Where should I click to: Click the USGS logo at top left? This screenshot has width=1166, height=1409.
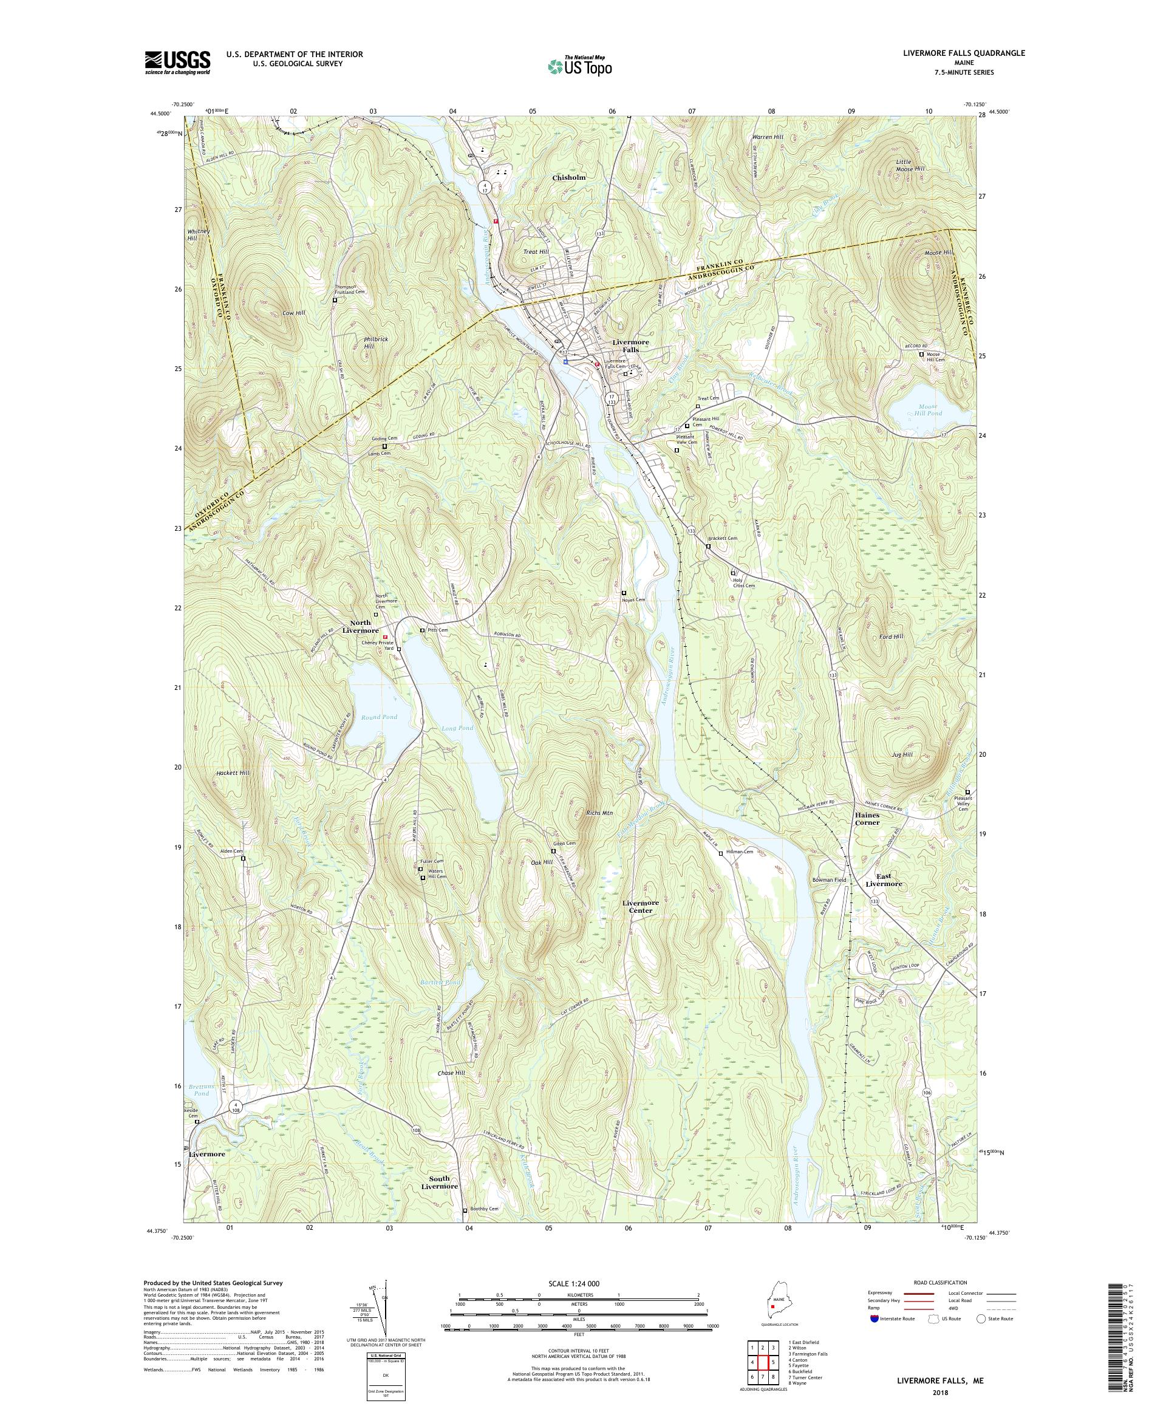coord(178,63)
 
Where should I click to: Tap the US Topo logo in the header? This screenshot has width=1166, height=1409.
coord(581,66)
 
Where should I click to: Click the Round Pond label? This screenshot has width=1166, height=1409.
coord(379,717)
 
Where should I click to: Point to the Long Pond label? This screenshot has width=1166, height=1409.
coord(457,728)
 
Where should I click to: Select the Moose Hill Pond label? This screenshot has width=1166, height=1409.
coord(924,410)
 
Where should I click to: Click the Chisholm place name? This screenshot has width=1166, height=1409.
coord(569,178)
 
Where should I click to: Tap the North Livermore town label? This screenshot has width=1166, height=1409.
coord(360,627)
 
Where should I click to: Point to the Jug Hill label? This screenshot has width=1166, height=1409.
coord(902,755)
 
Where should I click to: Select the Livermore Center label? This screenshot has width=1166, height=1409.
coord(640,907)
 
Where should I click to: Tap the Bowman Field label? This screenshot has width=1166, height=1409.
coord(829,879)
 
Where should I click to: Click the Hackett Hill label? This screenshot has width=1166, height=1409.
coord(233,773)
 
